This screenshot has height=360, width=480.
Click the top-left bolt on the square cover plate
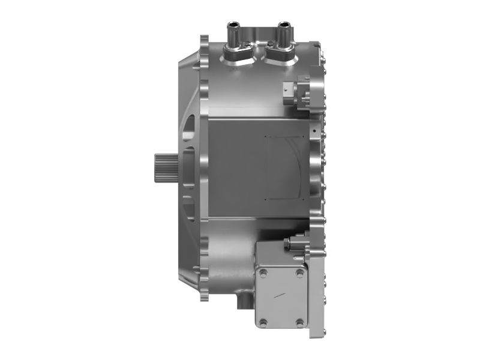[x=262, y=272]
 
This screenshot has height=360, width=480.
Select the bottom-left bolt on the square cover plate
[x=262, y=322]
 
